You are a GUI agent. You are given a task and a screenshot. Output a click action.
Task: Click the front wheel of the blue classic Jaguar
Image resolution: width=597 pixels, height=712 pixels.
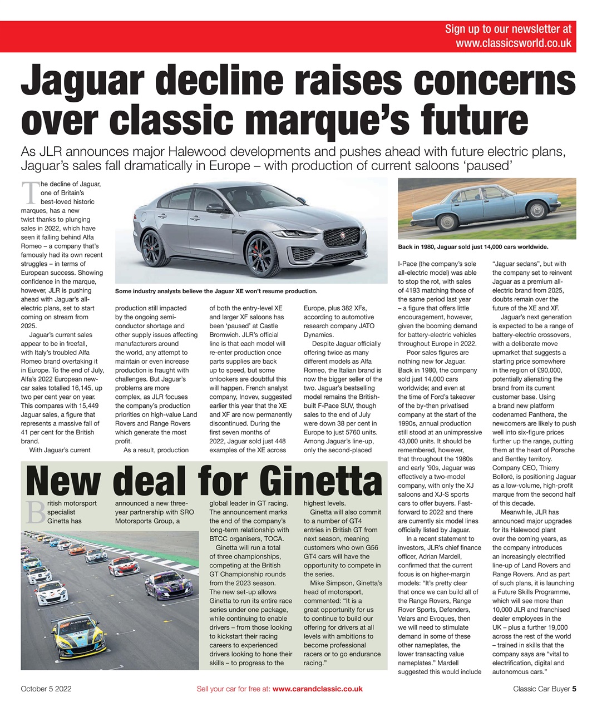pyautogui.click(x=537, y=210)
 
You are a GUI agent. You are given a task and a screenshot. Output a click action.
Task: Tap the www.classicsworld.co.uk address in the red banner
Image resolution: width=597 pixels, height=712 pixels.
pyautogui.click(x=513, y=43)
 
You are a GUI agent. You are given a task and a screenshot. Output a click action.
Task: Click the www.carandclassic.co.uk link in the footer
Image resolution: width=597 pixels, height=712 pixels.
pyautogui.click(x=318, y=689)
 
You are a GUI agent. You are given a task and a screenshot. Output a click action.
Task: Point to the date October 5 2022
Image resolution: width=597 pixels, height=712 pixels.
pyautogui.click(x=46, y=689)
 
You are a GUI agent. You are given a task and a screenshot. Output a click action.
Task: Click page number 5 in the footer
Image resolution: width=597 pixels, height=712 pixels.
pyautogui.click(x=574, y=689)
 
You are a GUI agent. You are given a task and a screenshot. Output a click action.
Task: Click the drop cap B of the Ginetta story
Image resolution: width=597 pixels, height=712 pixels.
pyautogui.click(x=33, y=511)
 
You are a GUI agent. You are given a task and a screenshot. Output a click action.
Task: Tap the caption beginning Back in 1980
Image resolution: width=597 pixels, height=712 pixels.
pyautogui.click(x=473, y=246)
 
